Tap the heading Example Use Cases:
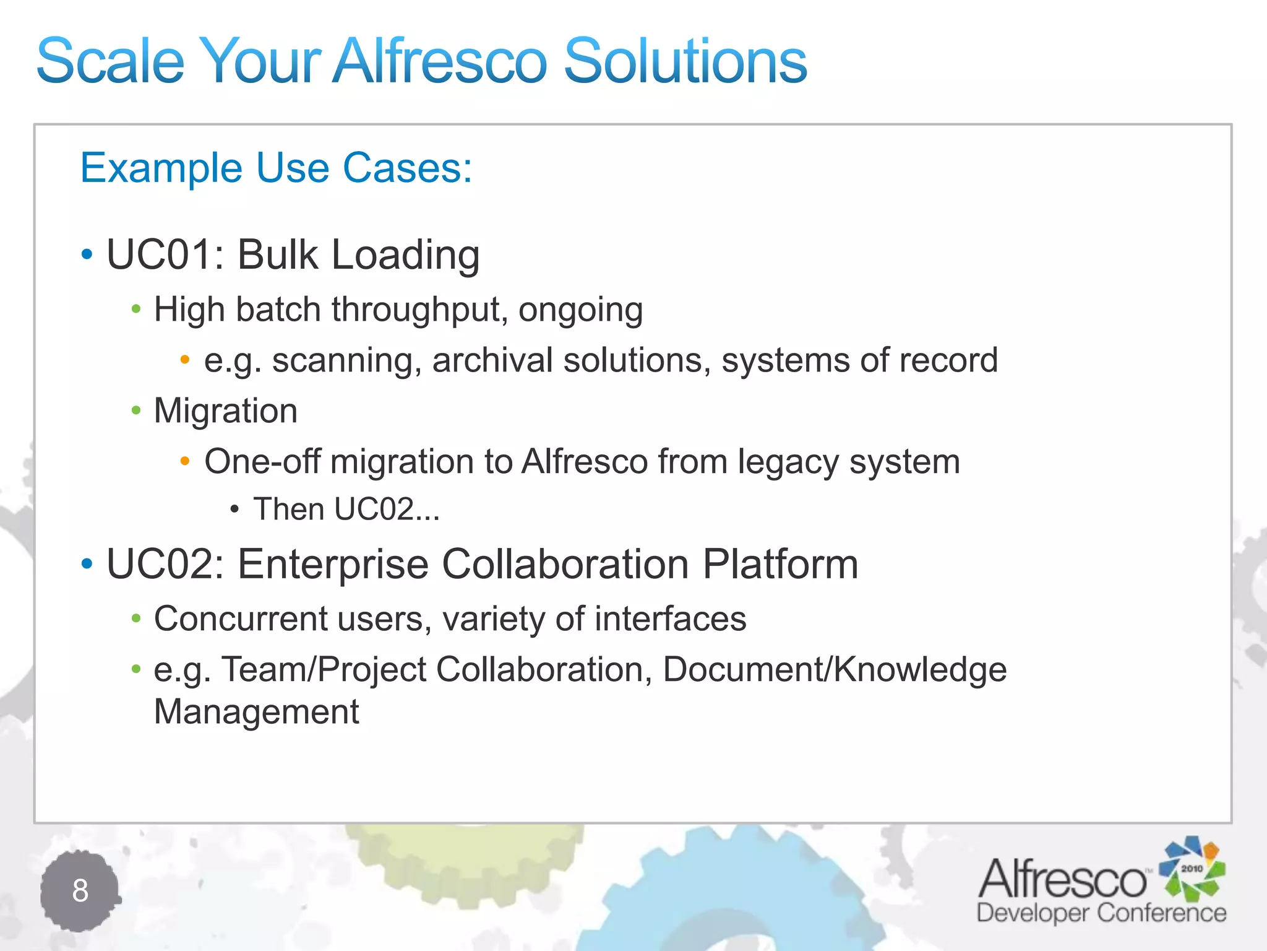276,168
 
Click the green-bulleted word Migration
226,411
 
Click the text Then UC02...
346,510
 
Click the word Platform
780,564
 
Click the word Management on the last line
256,711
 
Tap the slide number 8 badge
80,891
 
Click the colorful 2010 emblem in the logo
1192,869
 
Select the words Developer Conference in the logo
1101,913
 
